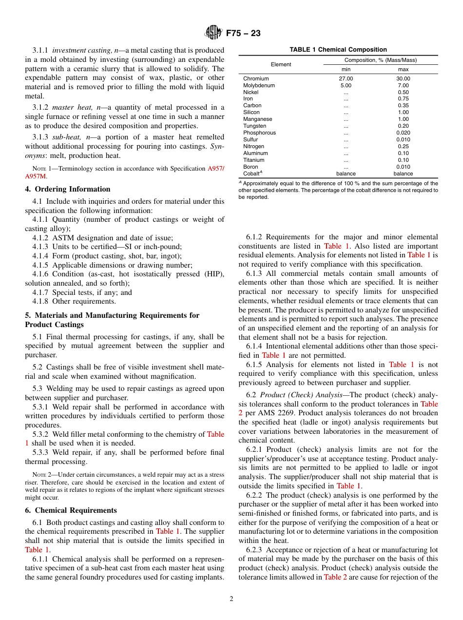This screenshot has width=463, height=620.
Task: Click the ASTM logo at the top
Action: [213, 33]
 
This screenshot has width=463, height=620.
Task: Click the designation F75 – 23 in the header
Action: [243, 33]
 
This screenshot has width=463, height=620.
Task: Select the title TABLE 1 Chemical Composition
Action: [338, 50]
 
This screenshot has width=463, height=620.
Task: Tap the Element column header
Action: [281, 64]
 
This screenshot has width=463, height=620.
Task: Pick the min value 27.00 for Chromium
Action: [346, 78]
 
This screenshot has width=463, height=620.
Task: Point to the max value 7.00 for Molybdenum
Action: [403, 85]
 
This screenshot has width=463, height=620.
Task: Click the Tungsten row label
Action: [254, 126]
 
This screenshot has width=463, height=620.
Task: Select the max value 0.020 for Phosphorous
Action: [403, 133]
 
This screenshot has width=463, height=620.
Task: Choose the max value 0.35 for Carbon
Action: [403, 105]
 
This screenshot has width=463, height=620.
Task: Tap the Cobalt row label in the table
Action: [252, 174]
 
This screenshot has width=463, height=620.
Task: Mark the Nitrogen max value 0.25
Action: [403, 146]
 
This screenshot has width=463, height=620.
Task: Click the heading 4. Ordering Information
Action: [68, 189]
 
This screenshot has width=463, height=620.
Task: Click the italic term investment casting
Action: [81, 50]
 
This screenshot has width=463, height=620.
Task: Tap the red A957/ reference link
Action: [216, 169]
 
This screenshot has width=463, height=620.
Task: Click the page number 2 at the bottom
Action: [231, 599]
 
